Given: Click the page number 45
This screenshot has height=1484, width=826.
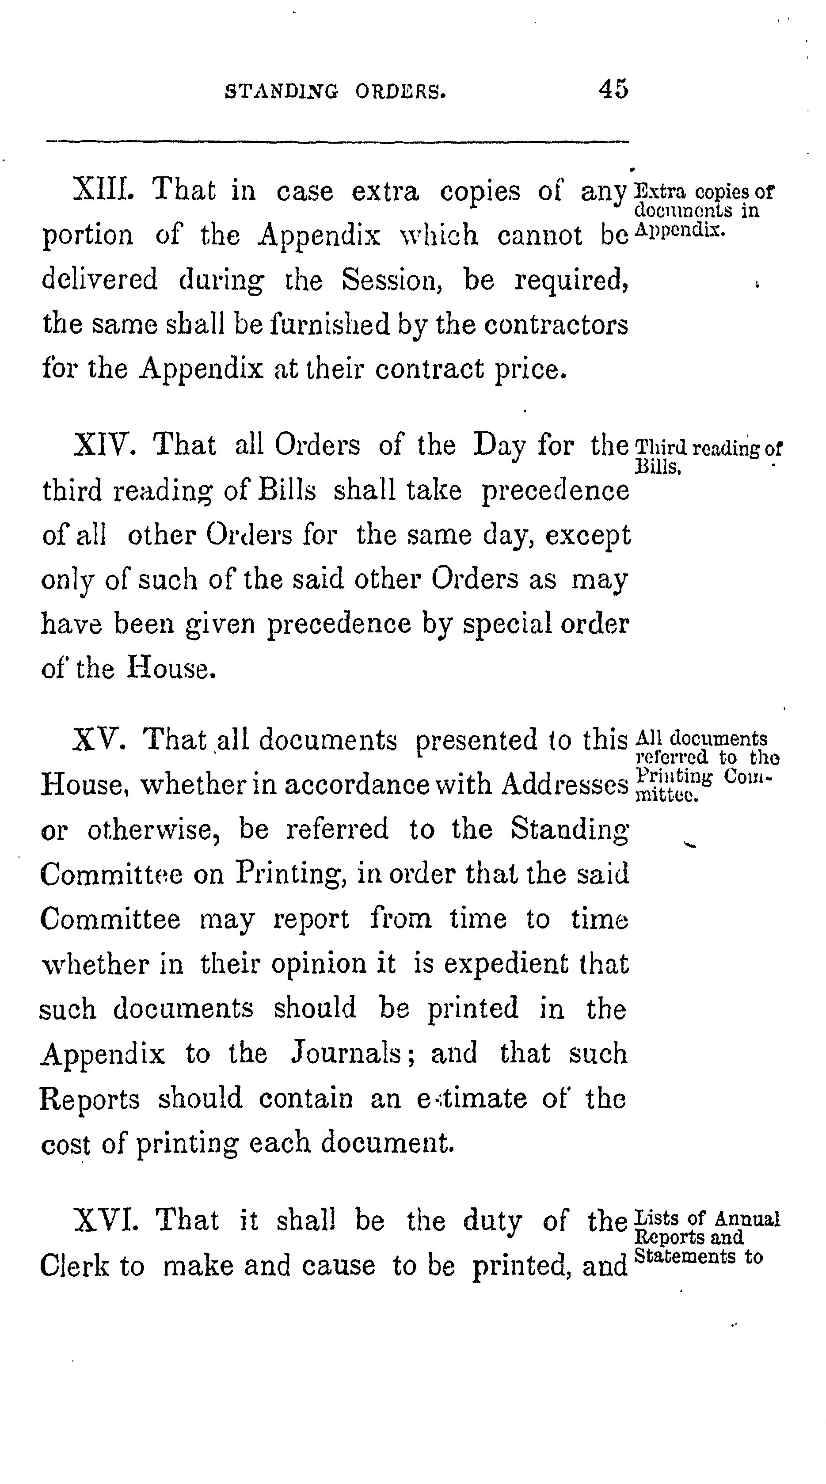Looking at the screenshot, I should pyautogui.click(x=613, y=89).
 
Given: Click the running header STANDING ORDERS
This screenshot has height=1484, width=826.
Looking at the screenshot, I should pyautogui.click(x=335, y=91).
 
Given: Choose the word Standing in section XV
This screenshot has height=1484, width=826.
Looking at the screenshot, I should pyautogui.click(x=570, y=830).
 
